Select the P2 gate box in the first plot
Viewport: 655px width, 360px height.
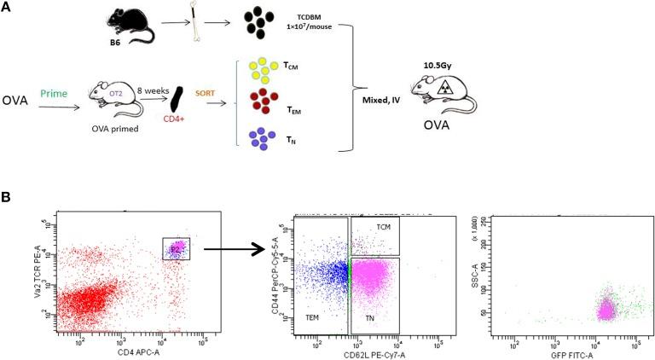176,248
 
